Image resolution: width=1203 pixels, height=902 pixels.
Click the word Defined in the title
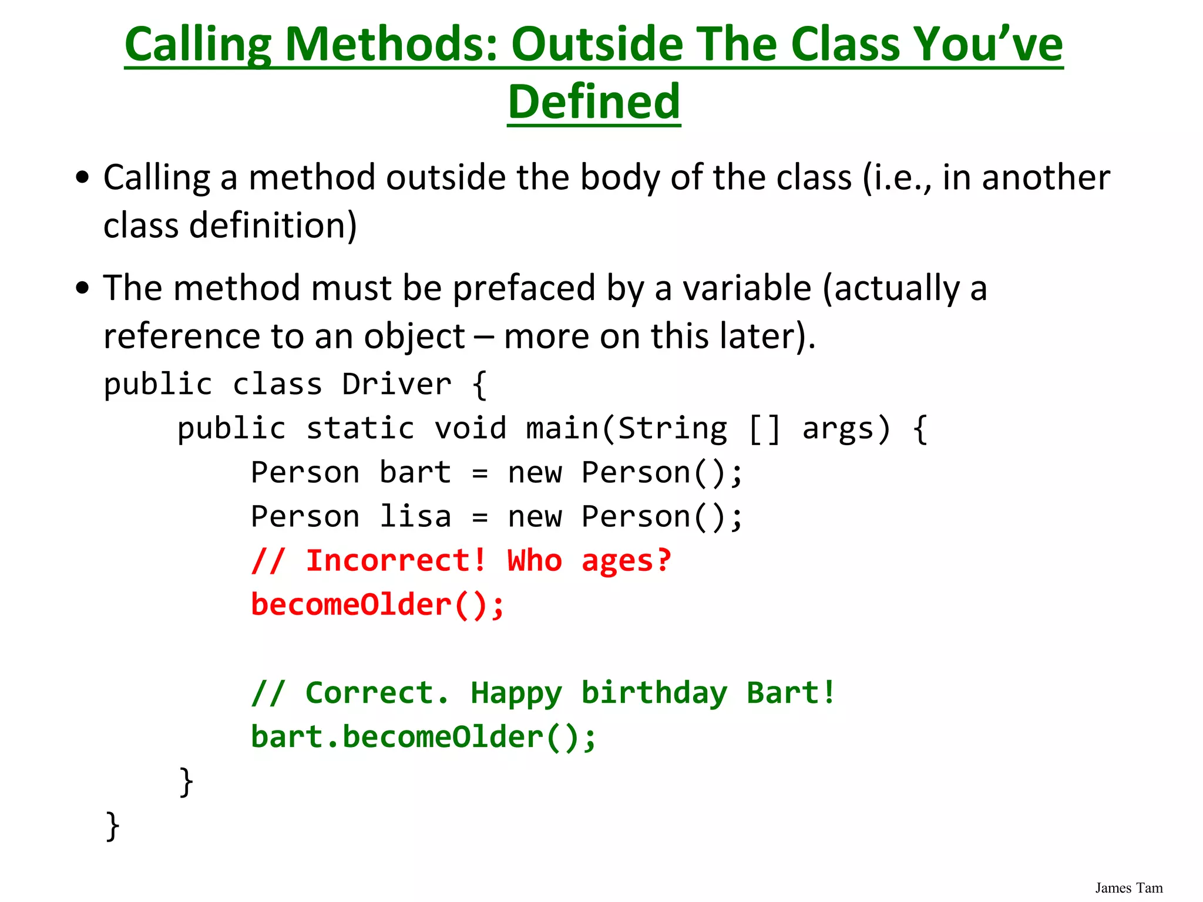point(594,102)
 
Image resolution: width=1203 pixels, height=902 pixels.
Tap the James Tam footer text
point(1128,888)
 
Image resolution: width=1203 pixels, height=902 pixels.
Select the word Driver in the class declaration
point(396,385)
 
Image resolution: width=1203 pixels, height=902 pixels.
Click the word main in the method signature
point(562,429)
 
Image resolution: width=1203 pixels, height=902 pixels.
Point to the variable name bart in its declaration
point(415,473)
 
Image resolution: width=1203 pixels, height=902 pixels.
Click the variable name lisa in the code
point(415,517)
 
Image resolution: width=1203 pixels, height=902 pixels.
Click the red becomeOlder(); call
point(377,605)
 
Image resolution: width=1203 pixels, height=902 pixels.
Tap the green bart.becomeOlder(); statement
point(424,737)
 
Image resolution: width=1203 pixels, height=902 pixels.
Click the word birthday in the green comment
point(654,693)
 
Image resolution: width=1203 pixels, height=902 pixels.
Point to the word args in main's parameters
point(846,429)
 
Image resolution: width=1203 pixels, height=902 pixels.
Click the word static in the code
point(360,429)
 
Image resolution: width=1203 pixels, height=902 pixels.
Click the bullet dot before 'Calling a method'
point(83,177)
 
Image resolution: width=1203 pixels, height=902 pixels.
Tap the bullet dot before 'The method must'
point(83,288)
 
